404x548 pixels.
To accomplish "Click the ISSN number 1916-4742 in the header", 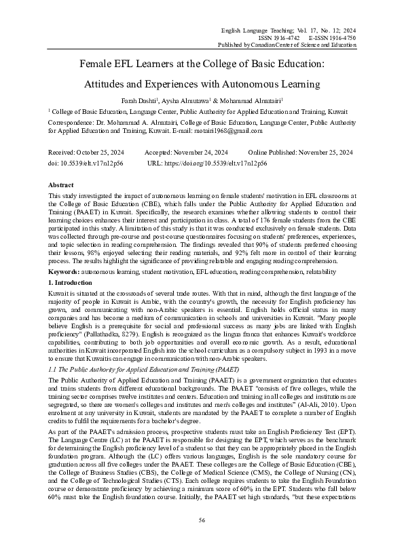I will tap(282, 38).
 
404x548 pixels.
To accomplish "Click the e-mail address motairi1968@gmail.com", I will tap(226, 130).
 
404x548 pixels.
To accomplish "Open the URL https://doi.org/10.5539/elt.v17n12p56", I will tap(207, 164).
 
